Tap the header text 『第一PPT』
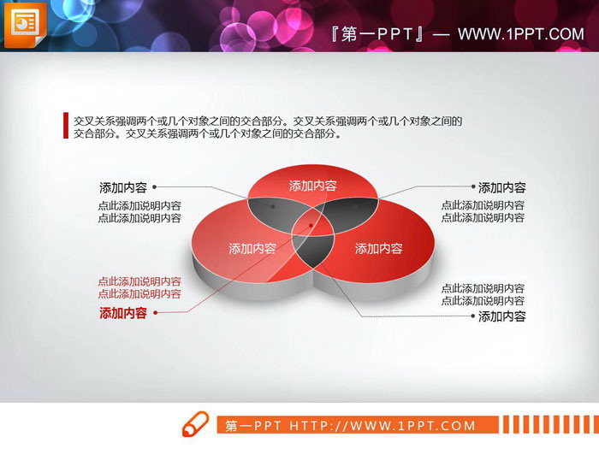click(x=377, y=34)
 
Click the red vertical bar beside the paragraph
click(x=66, y=126)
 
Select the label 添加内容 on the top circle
click(x=312, y=186)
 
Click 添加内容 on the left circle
click(x=252, y=249)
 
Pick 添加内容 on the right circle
click(x=378, y=249)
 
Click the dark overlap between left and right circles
click(x=312, y=249)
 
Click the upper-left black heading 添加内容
click(x=122, y=187)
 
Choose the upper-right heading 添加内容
click(x=501, y=187)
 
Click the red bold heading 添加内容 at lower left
click(x=122, y=313)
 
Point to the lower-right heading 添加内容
click(x=501, y=316)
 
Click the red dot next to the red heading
click(x=155, y=313)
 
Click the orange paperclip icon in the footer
click(x=195, y=425)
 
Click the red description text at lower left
click(x=139, y=287)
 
